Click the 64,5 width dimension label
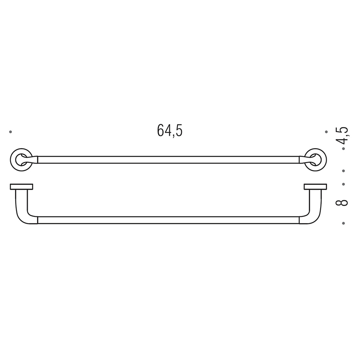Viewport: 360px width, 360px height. (169, 131)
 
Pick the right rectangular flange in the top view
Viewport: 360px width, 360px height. (315, 187)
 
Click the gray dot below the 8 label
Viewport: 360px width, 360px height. (343, 223)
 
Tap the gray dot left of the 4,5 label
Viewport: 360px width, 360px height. (326, 132)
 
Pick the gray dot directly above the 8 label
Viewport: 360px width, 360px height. (343, 184)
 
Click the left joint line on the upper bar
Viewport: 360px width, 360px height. (38, 160)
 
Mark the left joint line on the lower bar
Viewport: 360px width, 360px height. (38, 220)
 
